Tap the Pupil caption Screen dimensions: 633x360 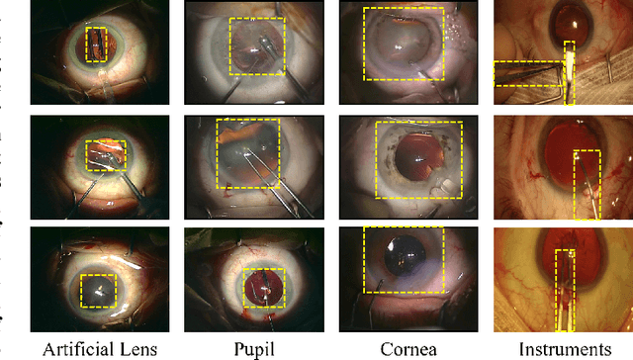click(254, 348)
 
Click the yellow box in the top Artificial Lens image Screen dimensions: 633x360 click(95, 45)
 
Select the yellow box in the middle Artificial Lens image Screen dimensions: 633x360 click(105, 155)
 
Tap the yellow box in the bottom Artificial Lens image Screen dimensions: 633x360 click(99, 291)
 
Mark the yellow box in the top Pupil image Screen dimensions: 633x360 click(256, 46)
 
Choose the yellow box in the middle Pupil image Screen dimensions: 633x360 click(247, 152)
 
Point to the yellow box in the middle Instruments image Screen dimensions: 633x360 click(587, 184)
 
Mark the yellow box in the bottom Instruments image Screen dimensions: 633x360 click(565, 289)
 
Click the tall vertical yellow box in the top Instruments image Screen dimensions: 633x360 click(569, 72)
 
